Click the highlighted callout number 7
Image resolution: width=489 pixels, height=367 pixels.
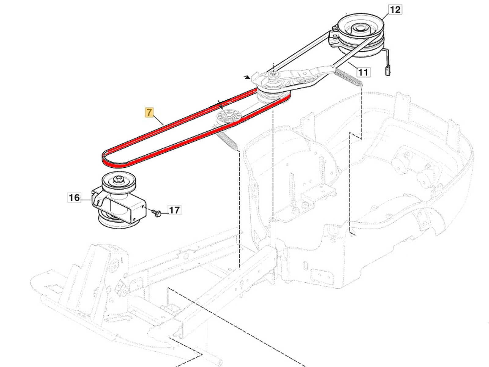pyautogui.click(x=149, y=113)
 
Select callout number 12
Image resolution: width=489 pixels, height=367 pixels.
pyautogui.click(x=395, y=9)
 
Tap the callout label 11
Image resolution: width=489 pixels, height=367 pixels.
pyautogui.click(x=363, y=72)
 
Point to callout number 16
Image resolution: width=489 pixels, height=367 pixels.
pyautogui.click(x=74, y=198)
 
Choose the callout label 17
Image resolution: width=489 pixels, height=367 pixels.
pyautogui.click(x=174, y=210)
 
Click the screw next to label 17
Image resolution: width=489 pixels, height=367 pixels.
pyautogui.click(x=157, y=213)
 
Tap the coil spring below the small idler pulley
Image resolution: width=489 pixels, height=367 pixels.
pyautogui.click(x=228, y=139)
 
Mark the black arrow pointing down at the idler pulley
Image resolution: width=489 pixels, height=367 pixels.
pyautogui.click(x=221, y=106)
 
